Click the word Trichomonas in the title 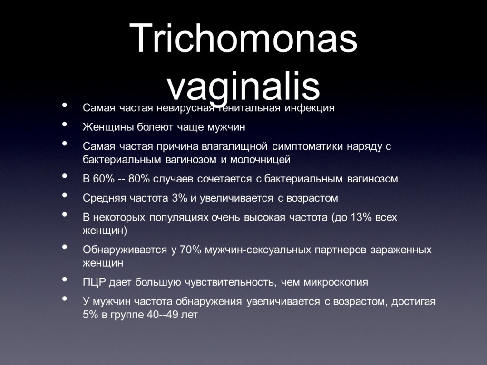243,38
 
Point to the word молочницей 260,160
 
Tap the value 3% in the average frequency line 179,198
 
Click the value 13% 361,217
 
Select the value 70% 191,250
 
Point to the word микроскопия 336,282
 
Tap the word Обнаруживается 125,250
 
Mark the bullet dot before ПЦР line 65,279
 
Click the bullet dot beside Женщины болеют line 65,124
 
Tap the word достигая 413,302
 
